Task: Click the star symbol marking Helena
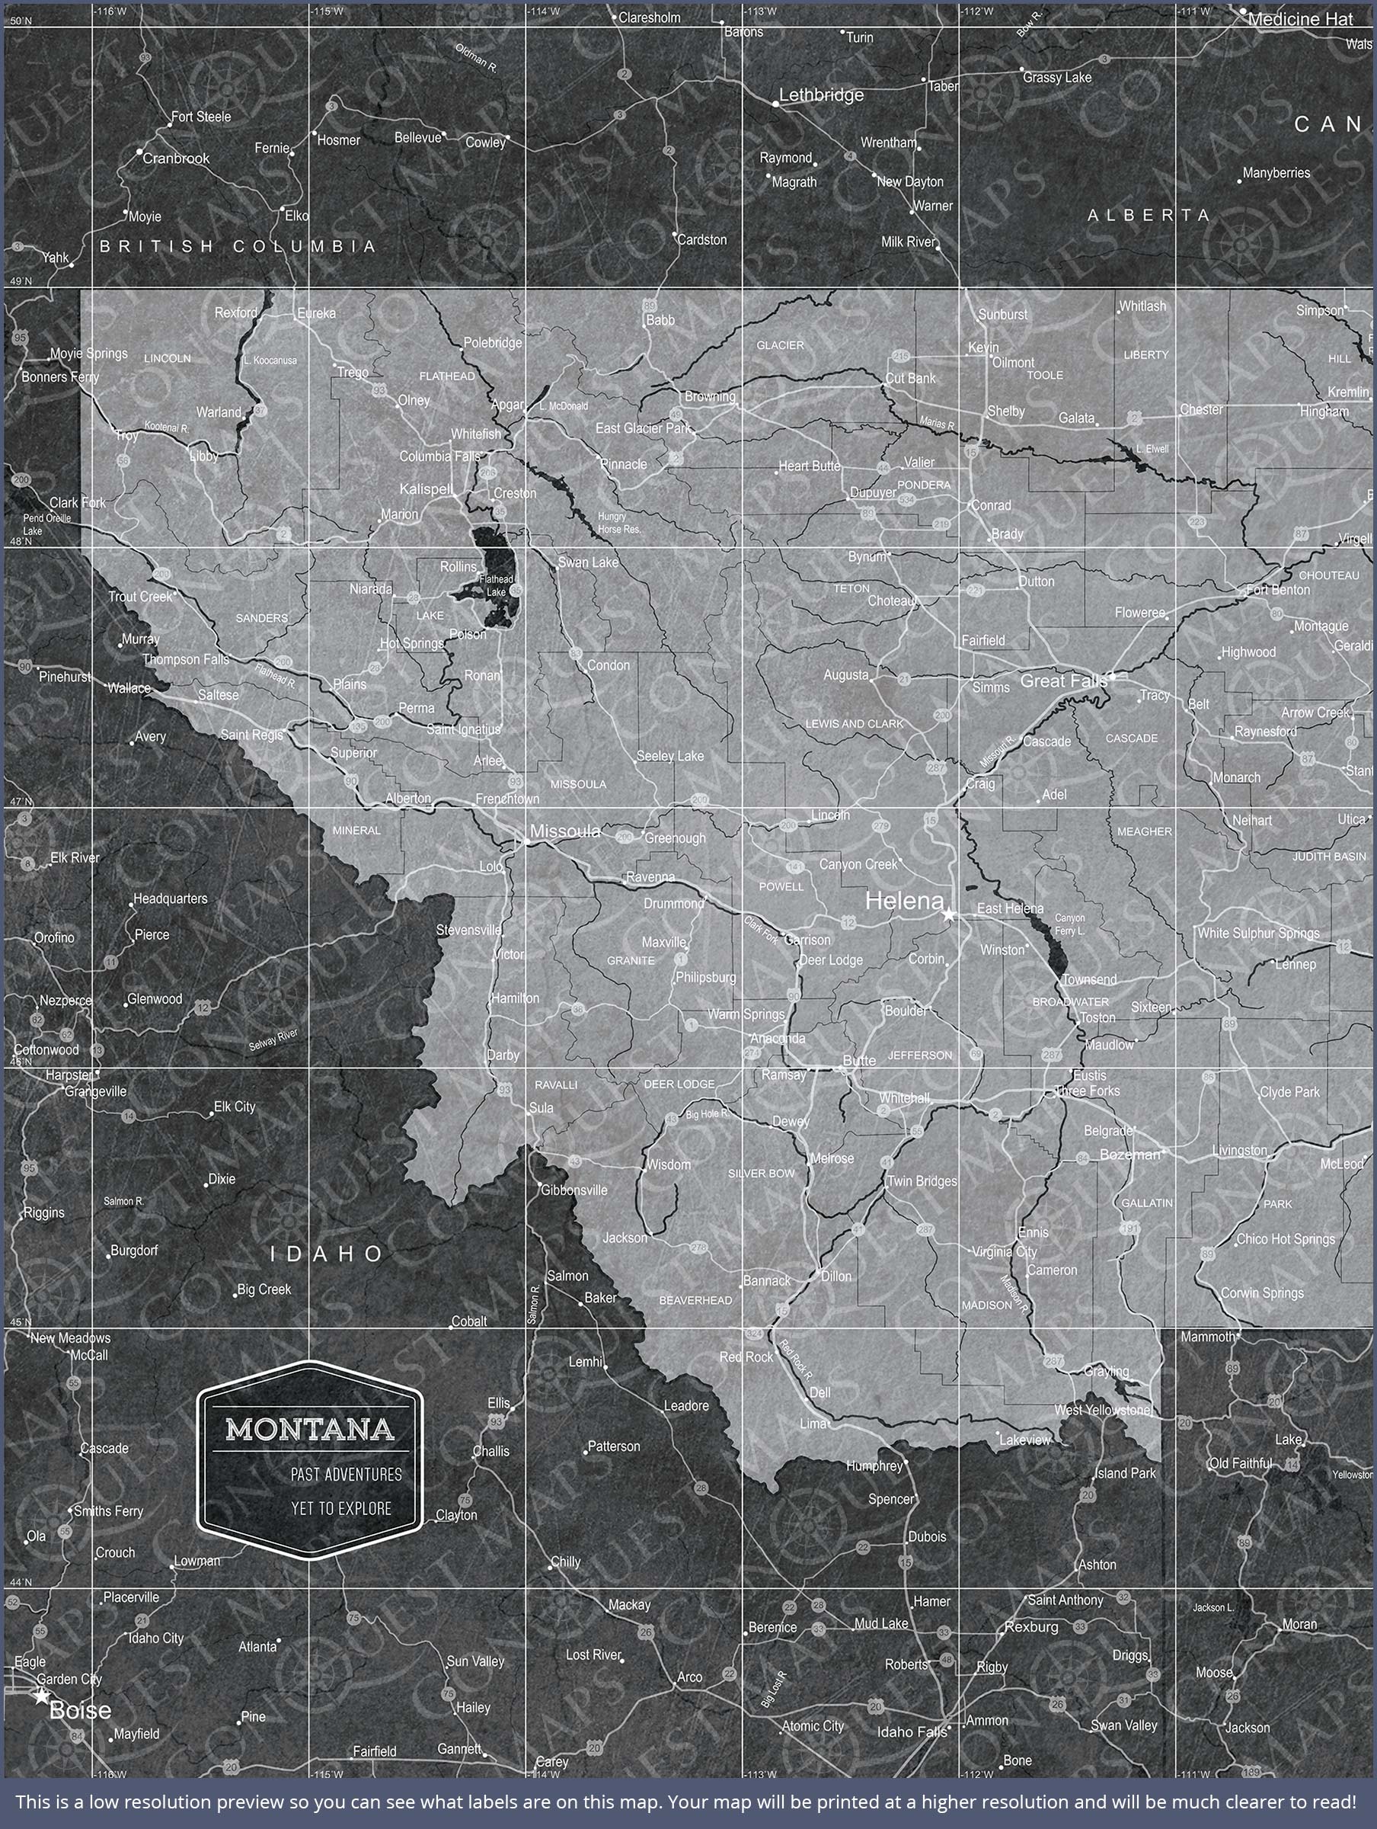tap(948, 915)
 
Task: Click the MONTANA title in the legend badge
tap(310, 1429)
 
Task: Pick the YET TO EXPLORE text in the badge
tap(340, 1508)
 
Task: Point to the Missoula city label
tap(565, 831)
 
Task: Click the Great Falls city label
tap(1063, 681)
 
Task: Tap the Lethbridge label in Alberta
tap(821, 95)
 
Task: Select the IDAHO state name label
tap(327, 1254)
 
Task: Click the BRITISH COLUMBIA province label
tap(238, 246)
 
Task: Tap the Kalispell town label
tap(425, 488)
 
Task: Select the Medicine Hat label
tap(1299, 18)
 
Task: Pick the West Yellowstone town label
tap(1103, 1410)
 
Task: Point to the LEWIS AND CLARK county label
tap(855, 723)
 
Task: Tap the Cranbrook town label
tap(176, 158)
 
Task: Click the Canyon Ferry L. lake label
tap(1070, 924)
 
